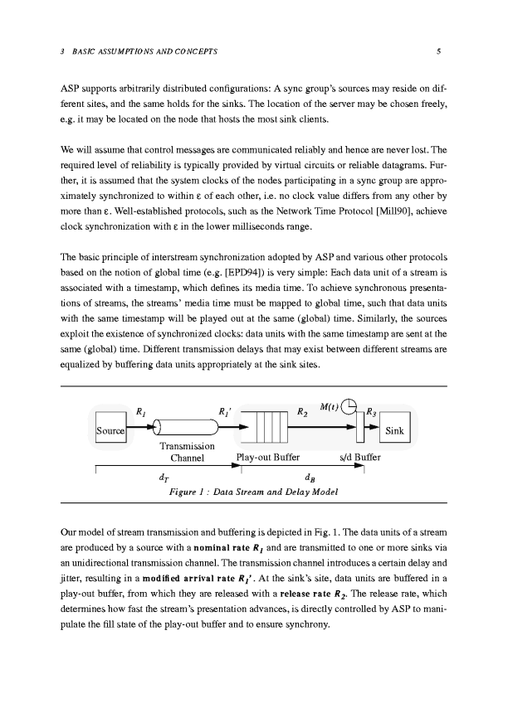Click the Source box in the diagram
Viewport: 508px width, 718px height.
110,431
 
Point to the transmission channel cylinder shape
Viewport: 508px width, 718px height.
187,428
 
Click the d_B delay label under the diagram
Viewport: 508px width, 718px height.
309,477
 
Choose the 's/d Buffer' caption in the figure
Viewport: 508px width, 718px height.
360,457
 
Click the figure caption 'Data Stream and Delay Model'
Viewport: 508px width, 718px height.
253,492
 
